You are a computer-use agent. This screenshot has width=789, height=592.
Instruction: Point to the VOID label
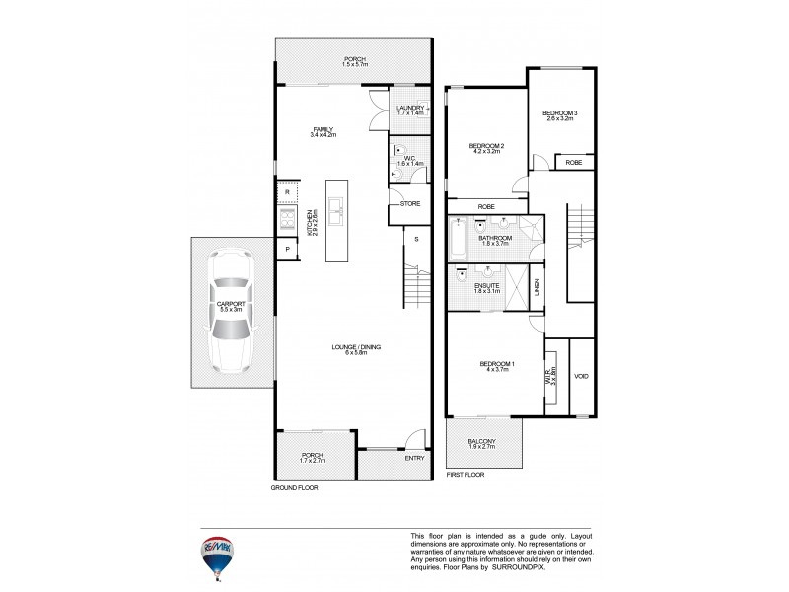click(581, 376)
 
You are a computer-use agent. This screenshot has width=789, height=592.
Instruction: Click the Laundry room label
click(410, 108)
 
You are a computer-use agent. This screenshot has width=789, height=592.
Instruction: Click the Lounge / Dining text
click(355, 347)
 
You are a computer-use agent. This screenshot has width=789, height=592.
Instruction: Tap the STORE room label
click(410, 204)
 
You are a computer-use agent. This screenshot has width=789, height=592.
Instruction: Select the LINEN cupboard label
click(538, 287)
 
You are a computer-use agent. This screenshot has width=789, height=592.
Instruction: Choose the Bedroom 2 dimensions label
click(487, 154)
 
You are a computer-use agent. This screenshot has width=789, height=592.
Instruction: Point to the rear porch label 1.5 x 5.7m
click(354, 65)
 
